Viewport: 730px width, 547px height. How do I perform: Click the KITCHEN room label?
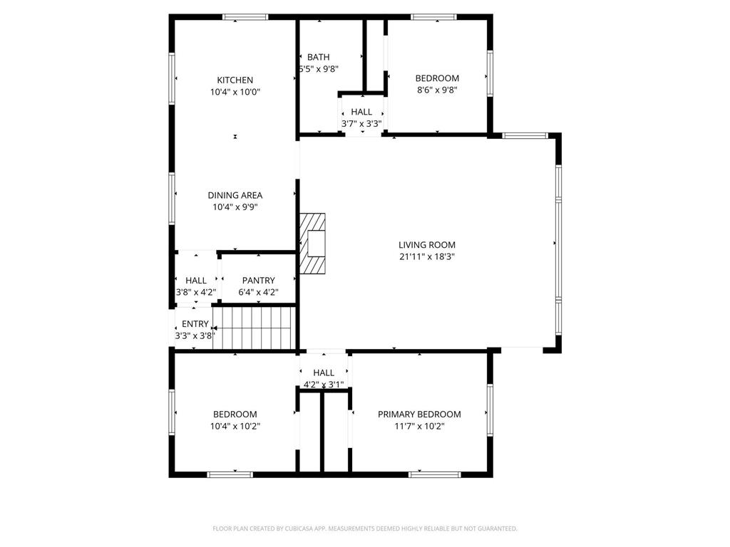[235, 80]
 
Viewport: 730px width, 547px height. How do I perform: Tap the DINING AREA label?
[235, 195]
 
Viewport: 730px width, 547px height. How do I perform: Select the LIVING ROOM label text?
[426, 245]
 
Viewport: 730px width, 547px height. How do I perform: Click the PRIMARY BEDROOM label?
[419, 415]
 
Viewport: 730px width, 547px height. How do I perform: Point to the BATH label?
[318, 58]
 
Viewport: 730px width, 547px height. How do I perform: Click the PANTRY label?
[258, 281]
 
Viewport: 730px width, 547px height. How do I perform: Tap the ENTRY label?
[195, 324]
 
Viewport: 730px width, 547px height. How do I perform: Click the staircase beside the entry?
[255, 328]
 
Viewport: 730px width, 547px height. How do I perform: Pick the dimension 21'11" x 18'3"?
[426, 257]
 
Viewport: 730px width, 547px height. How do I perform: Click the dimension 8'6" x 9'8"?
[437, 90]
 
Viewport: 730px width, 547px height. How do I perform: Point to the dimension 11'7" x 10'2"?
[419, 427]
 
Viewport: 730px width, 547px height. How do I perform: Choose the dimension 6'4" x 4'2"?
[258, 293]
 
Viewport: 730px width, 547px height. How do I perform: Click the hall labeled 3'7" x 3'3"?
[361, 112]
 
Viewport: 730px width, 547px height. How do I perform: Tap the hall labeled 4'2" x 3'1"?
[324, 373]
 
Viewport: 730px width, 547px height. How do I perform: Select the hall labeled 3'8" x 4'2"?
[196, 281]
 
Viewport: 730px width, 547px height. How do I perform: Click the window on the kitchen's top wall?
[245, 16]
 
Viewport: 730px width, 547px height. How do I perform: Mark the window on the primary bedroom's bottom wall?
[435, 474]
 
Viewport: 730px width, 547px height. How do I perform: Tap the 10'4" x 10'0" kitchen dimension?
[235, 93]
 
